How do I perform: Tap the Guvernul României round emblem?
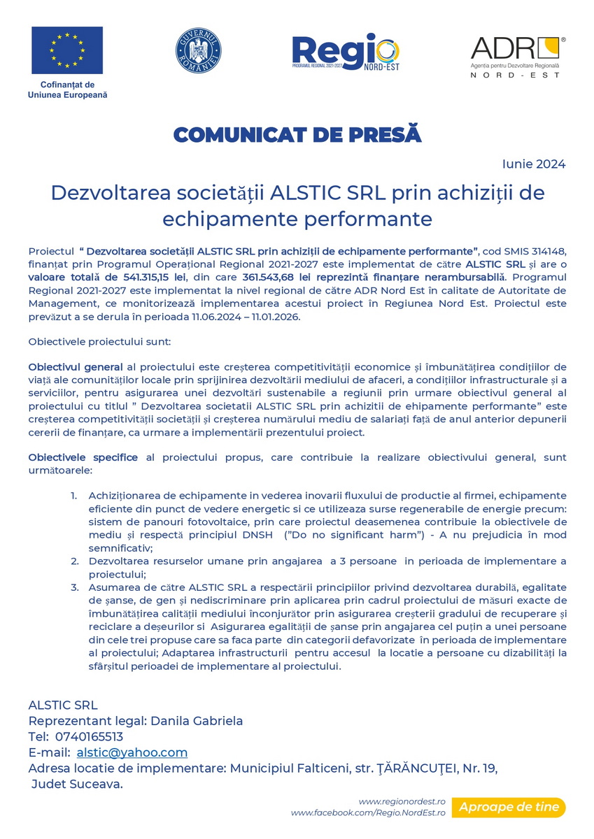198,51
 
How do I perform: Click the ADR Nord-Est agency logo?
518,56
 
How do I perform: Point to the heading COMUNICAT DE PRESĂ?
297,135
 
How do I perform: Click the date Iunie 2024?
534,164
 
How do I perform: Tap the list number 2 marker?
75,561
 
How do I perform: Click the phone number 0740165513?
89,737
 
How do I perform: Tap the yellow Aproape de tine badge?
509,808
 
